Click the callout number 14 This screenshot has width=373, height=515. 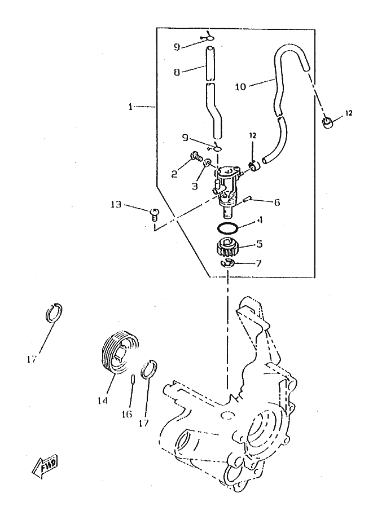pyautogui.click(x=102, y=401)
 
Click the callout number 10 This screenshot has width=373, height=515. pyautogui.click(x=240, y=87)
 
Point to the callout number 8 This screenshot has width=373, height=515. pyautogui.click(x=177, y=73)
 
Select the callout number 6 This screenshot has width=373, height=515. pyautogui.click(x=261, y=201)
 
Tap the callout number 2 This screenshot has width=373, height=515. pyautogui.click(x=175, y=175)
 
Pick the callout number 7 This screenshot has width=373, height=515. pyautogui.click(x=258, y=264)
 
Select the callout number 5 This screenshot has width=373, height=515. pyautogui.click(x=259, y=244)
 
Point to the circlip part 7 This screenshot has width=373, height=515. pyautogui.click(x=227, y=263)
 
